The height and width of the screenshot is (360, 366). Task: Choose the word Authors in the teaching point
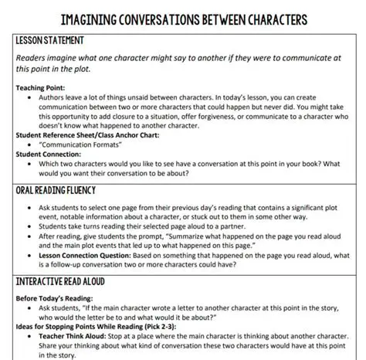pyautogui.click(x=53, y=98)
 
